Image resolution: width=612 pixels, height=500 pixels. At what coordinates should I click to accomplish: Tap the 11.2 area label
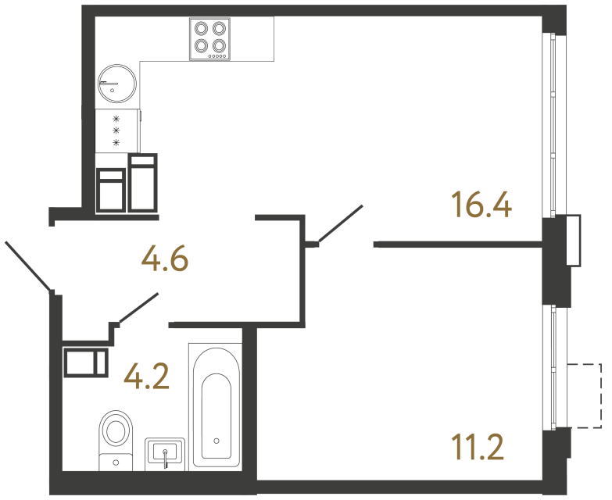(477, 448)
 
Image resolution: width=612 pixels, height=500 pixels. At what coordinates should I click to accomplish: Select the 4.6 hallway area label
(165, 259)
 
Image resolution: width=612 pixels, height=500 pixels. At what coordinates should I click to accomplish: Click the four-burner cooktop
(210, 38)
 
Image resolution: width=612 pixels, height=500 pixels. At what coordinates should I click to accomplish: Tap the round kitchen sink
(117, 81)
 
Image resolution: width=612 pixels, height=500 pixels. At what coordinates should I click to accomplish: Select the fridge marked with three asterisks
(116, 131)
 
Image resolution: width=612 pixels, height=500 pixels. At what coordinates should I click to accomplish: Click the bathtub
(215, 406)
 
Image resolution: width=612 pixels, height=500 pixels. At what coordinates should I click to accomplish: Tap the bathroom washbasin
(166, 453)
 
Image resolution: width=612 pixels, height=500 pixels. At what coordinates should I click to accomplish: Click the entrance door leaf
(28, 266)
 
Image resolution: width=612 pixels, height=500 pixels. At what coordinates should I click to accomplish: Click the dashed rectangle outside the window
(585, 395)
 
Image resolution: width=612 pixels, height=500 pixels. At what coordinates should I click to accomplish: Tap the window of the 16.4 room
(553, 125)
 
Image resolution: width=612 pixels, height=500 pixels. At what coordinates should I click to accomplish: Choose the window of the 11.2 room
(553, 367)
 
